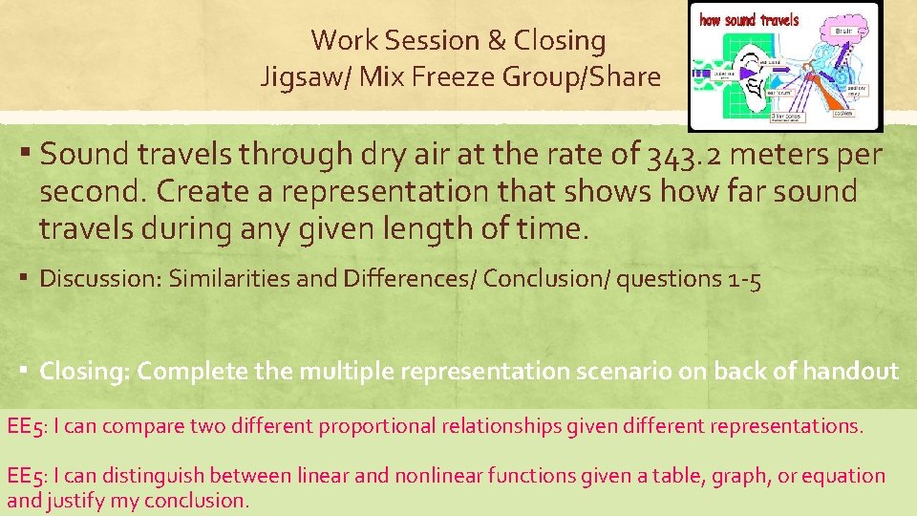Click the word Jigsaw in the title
point(295,76)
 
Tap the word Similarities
point(227,279)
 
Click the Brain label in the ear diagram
point(842,31)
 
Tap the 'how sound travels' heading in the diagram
point(750,19)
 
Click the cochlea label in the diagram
point(842,112)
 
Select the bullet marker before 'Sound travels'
point(29,154)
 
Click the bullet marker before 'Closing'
point(27,371)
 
